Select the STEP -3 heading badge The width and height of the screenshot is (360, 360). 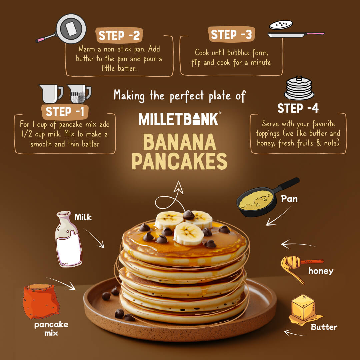(232, 35)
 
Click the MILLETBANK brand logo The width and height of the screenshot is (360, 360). (179, 119)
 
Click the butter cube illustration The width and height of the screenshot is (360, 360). (303, 307)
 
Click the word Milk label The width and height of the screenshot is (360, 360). (83, 217)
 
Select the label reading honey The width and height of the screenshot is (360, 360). (320, 271)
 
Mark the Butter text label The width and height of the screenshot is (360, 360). (324, 327)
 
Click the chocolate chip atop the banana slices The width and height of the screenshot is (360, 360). (189, 215)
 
